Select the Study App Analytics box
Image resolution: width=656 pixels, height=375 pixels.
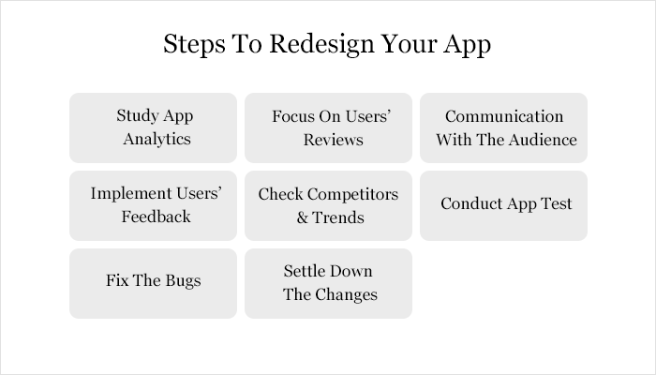click(153, 127)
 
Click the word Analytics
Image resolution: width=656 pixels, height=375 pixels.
click(154, 140)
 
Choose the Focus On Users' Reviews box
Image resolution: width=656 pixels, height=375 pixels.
click(328, 127)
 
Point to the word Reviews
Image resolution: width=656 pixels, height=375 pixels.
click(333, 140)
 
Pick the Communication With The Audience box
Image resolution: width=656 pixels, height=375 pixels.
click(503, 127)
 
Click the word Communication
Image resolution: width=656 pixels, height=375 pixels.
click(504, 116)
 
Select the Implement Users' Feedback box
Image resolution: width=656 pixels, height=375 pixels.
click(153, 205)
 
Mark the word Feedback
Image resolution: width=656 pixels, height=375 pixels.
click(156, 217)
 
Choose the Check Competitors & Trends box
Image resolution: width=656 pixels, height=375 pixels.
click(328, 205)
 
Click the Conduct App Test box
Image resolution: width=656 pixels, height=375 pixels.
click(503, 205)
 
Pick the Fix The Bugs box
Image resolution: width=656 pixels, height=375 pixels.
click(153, 283)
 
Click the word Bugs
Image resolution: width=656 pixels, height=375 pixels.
click(182, 281)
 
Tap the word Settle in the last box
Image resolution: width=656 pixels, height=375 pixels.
click(304, 271)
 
